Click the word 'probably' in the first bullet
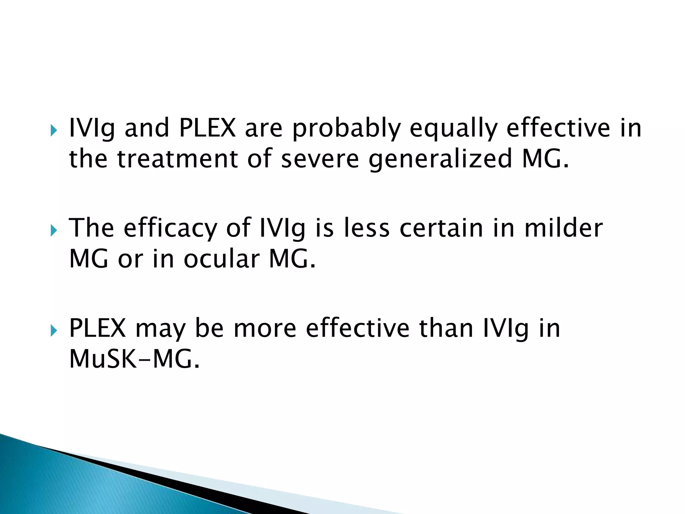(346, 129)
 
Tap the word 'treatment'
(177, 159)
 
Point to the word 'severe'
(320, 159)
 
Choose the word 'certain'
(442, 228)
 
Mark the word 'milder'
(564, 228)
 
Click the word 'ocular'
(221, 259)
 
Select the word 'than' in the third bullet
(446, 328)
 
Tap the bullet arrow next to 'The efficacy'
(54, 231)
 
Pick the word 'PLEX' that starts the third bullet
(97, 328)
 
